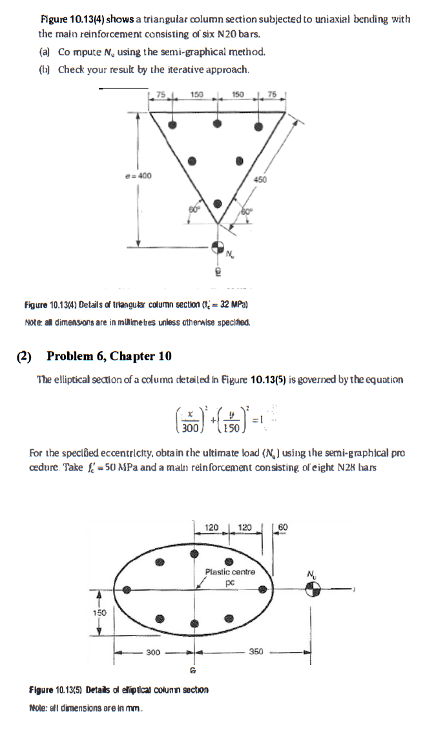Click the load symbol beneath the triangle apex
[x=218, y=247]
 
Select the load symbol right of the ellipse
[x=312, y=589]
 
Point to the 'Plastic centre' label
[x=230, y=571]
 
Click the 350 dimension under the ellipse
[x=256, y=653]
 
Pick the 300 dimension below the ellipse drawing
[x=153, y=653]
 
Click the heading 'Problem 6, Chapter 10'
[x=109, y=356]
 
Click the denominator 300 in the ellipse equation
[x=189, y=427]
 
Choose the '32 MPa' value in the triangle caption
[x=234, y=304]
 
